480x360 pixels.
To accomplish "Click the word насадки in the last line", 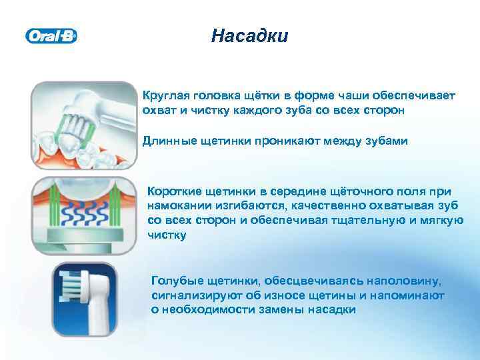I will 335,310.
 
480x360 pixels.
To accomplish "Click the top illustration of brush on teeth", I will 83,125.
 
